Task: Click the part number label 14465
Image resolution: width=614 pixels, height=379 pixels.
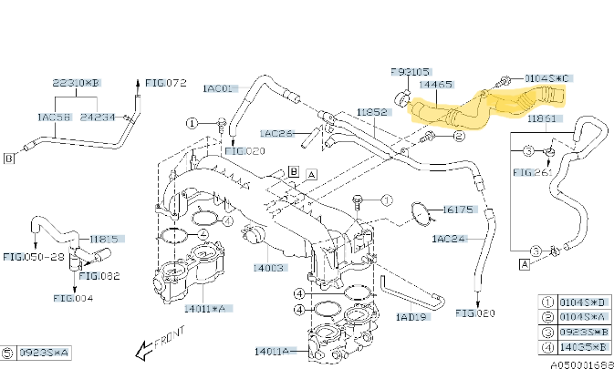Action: click(x=435, y=84)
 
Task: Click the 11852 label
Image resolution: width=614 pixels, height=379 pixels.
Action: click(x=373, y=112)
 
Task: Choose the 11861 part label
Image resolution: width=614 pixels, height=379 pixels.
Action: click(x=543, y=118)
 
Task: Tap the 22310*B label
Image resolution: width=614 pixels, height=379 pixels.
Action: click(x=77, y=83)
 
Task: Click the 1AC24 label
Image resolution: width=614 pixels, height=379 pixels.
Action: click(x=449, y=239)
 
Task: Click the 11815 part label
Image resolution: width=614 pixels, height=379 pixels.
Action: click(x=104, y=239)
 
